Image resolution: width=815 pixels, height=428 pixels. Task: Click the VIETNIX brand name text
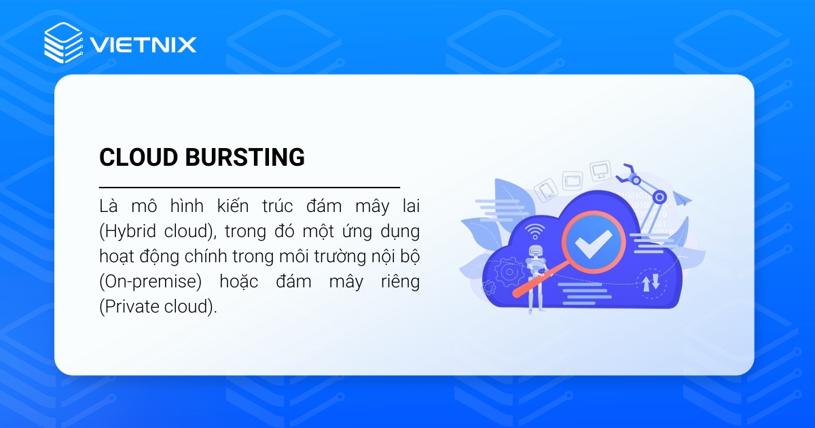(x=143, y=45)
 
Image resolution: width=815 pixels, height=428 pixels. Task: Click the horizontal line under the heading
(x=249, y=186)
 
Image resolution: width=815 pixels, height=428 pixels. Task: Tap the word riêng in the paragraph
(x=400, y=281)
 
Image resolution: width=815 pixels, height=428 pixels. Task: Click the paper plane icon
(x=683, y=199)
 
